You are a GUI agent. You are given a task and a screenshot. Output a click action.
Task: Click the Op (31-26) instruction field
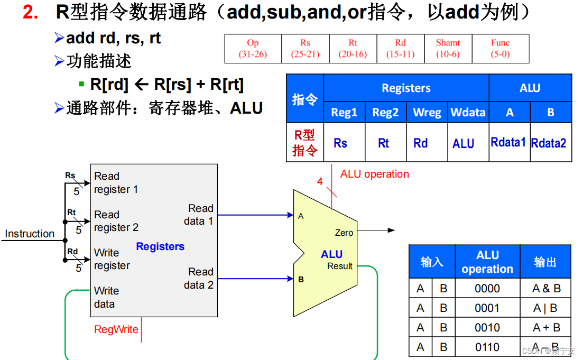tap(253, 49)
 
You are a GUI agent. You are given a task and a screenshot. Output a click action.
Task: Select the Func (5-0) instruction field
tap(500, 49)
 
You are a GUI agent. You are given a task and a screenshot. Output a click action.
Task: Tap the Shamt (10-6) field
tap(448, 49)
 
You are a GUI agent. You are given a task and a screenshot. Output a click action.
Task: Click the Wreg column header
tap(427, 112)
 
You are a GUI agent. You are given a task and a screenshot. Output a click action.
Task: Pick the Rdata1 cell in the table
tap(508, 142)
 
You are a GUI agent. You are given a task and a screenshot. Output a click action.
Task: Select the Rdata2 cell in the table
tap(549, 143)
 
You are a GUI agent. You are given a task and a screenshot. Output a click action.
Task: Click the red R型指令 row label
tap(305, 143)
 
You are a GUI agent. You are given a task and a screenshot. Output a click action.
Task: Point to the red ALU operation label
tap(374, 174)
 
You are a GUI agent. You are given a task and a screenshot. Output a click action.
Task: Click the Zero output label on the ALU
tap(344, 233)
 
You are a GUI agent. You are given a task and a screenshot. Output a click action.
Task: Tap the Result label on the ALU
tap(339, 266)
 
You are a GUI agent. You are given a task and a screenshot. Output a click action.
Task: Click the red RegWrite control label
tap(116, 329)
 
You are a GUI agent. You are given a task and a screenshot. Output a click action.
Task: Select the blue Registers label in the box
tap(160, 246)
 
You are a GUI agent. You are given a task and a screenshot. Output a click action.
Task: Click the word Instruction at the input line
tap(30, 234)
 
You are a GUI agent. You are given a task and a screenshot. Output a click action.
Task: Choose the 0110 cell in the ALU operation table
tap(487, 347)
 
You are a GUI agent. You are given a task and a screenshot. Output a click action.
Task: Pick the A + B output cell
tap(547, 328)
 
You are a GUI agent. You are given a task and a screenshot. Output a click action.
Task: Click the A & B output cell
tap(547, 289)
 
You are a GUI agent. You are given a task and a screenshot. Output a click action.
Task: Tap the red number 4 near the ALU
tap(320, 182)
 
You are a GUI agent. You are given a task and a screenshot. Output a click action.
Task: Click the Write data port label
tap(106, 297)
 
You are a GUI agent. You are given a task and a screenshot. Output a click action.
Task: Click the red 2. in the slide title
tap(31, 12)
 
